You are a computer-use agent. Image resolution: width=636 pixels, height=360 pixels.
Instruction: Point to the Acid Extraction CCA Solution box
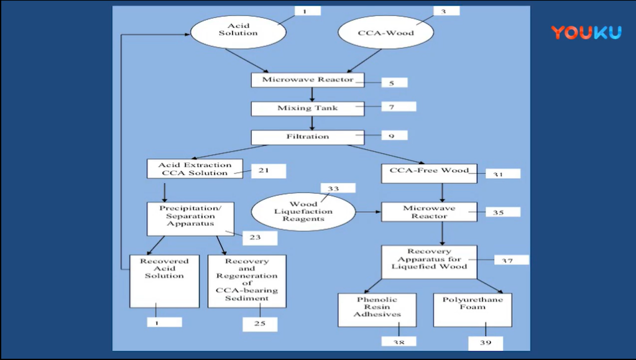pos(195,169)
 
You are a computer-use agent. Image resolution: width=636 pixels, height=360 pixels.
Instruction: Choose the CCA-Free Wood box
pos(429,173)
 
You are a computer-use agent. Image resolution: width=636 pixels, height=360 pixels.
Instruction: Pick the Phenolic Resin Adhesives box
pos(377,309)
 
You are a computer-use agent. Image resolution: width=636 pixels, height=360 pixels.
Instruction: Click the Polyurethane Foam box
pos(472,309)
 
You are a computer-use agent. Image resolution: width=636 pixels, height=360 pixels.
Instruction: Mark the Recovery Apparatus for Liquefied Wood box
pos(429,261)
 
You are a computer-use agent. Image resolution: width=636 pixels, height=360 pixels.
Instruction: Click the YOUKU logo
pos(586,33)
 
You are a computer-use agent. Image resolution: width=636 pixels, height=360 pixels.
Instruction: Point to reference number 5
pos(391,83)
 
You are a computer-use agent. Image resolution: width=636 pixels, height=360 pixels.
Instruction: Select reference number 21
pos(269,171)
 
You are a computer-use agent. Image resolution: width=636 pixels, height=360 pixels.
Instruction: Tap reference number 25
pos(260,324)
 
